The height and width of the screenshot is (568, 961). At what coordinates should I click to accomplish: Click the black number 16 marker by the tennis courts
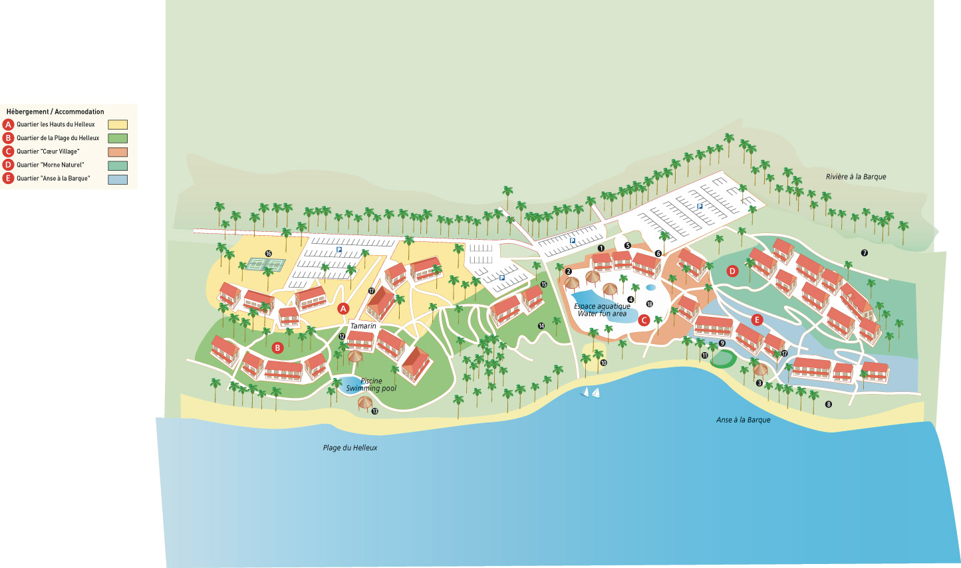tap(269, 254)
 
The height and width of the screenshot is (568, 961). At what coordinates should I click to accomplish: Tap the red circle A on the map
tap(343, 308)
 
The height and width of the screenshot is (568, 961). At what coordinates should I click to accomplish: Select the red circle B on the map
tap(278, 347)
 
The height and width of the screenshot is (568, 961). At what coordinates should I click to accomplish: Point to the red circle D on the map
tap(732, 271)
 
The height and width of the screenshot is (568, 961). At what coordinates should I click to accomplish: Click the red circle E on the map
tap(756, 320)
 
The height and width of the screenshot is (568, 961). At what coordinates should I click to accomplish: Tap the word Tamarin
tap(363, 326)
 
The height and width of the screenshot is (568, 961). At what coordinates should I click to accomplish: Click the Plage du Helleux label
tap(350, 448)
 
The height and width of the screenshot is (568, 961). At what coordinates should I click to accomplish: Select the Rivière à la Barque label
tap(855, 177)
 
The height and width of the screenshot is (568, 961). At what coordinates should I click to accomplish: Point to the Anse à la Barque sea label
tap(743, 420)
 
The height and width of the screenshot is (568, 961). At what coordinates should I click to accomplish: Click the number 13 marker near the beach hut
tap(375, 412)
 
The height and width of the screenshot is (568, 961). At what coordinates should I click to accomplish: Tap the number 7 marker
tap(864, 253)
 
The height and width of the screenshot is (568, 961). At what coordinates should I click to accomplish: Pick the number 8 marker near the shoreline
tap(829, 404)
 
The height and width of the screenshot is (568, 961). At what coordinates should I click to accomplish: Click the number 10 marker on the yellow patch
tap(604, 363)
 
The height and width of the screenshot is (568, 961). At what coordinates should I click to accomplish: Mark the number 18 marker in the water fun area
tap(649, 304)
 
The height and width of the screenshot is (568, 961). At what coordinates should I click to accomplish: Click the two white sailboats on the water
tap(591, 392)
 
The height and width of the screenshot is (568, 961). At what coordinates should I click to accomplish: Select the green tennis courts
tap(265, 264)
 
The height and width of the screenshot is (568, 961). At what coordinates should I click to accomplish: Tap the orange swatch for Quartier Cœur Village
tap(118, 152)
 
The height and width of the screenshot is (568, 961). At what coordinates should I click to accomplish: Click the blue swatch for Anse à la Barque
tap(118, 179)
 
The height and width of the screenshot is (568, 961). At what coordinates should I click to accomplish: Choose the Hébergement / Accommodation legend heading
tap(55, 112)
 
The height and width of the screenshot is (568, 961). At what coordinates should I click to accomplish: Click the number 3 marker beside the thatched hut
tap(759, 383)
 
